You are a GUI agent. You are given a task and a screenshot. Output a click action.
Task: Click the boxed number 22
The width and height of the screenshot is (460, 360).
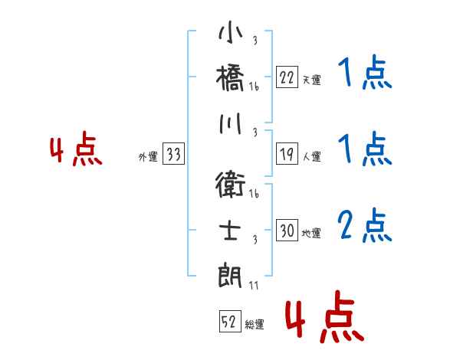pyautogui.click(x=287, y=77)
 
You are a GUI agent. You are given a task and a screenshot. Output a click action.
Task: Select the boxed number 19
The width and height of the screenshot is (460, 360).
pyautogui.click(x=287, y=155)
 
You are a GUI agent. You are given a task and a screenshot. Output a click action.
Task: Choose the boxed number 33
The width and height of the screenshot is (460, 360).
pyautogui.click(x=174, y=155)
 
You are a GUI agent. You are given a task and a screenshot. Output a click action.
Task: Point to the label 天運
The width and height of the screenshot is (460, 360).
pyautogui.click(x=311, y=80)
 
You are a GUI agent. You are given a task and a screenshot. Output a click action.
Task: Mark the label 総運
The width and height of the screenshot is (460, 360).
pyautogui.click(x=255, y=325)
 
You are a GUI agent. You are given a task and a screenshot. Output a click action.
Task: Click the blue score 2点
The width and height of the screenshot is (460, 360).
pyautogui.click(x=364, y=226)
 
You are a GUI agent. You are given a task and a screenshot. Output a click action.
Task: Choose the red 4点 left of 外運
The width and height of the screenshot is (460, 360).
pyautogui.click(x=75, y=149)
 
